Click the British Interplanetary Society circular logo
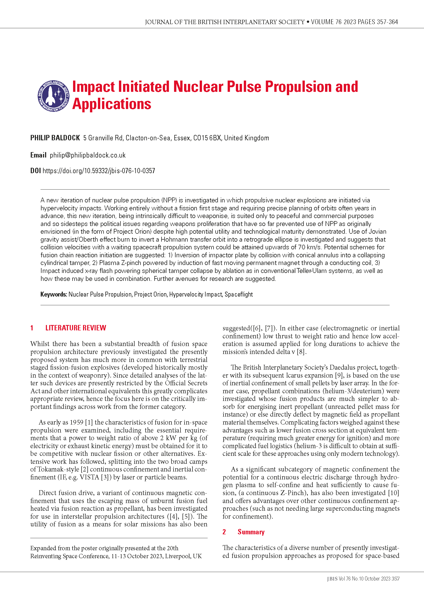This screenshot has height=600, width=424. (x=54, y=96)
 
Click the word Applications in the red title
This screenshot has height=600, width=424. (x=112, y=104)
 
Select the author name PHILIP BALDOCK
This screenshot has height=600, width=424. (x=55, y=138)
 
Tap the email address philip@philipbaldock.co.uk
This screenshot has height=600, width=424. (x=88, y=155)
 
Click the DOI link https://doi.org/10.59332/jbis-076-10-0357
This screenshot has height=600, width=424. (x=99, y=171)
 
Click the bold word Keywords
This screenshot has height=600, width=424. (x=54, y=294)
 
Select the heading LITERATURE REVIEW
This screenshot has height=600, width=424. (x=76, y=328)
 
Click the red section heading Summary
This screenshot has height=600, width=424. (x=251, y=532)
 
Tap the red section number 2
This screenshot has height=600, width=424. (x=224, y=532)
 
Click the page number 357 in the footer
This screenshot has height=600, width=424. (x=396, y=579)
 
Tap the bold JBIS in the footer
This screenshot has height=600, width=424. (x=332, y=579)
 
